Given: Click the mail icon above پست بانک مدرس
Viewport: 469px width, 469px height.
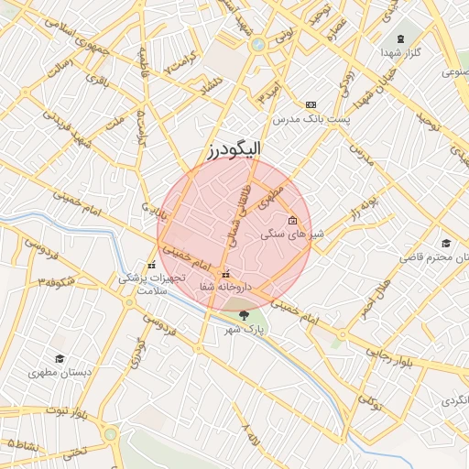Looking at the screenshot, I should click(311, 105).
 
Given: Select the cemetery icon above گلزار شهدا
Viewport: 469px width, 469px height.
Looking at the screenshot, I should click(401, 38).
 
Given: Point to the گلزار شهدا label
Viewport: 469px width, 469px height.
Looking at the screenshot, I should click(401, 52).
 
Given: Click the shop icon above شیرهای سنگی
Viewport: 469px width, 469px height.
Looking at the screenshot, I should click(292, 220).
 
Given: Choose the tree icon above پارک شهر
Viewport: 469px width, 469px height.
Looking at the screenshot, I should click(243, 315).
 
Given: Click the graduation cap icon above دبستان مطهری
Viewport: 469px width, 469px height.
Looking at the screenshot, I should click(60, 359).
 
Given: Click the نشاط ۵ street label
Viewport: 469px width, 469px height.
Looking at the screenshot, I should click(22, 442).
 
